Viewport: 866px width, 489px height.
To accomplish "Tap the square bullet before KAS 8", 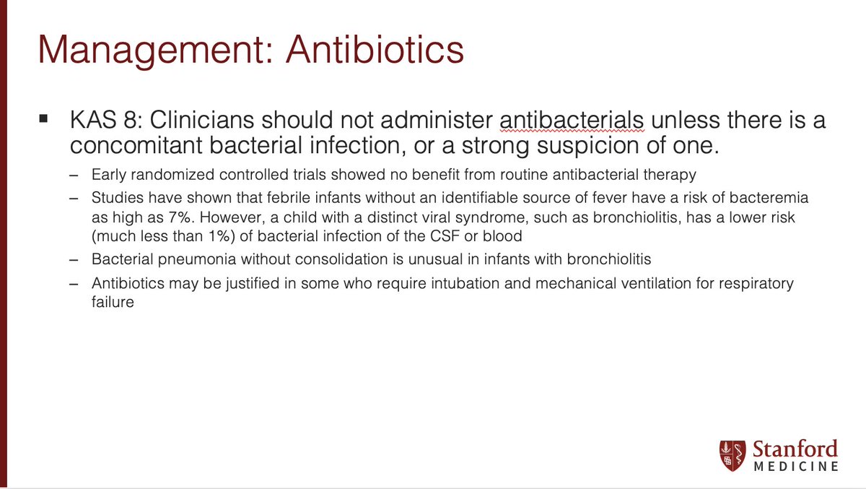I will (x=44, y=117).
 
